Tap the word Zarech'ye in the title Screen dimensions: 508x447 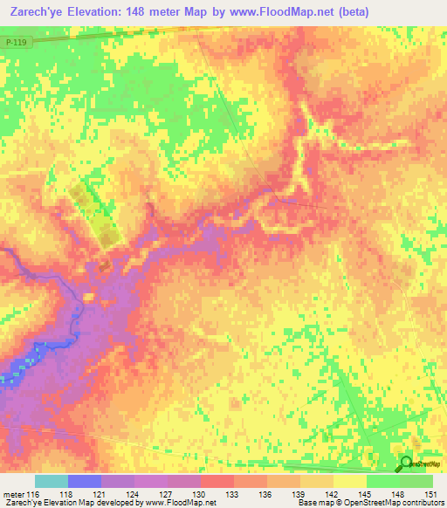(x=38, y=11)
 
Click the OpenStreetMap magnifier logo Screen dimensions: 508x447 (x=406, y=463)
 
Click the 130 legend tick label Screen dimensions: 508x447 (x=201, y=494)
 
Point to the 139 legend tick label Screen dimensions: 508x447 (x=300, y=494)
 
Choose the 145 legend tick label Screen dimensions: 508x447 (x=367, y=494)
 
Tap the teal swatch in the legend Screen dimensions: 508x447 (x=52, y=481)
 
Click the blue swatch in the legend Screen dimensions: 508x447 (x=85, y=481)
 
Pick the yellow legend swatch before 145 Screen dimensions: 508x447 (x=350, y=481)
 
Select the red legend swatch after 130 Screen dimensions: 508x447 (x=217, y=481)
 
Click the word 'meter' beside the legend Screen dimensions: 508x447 (x=13, y=494)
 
